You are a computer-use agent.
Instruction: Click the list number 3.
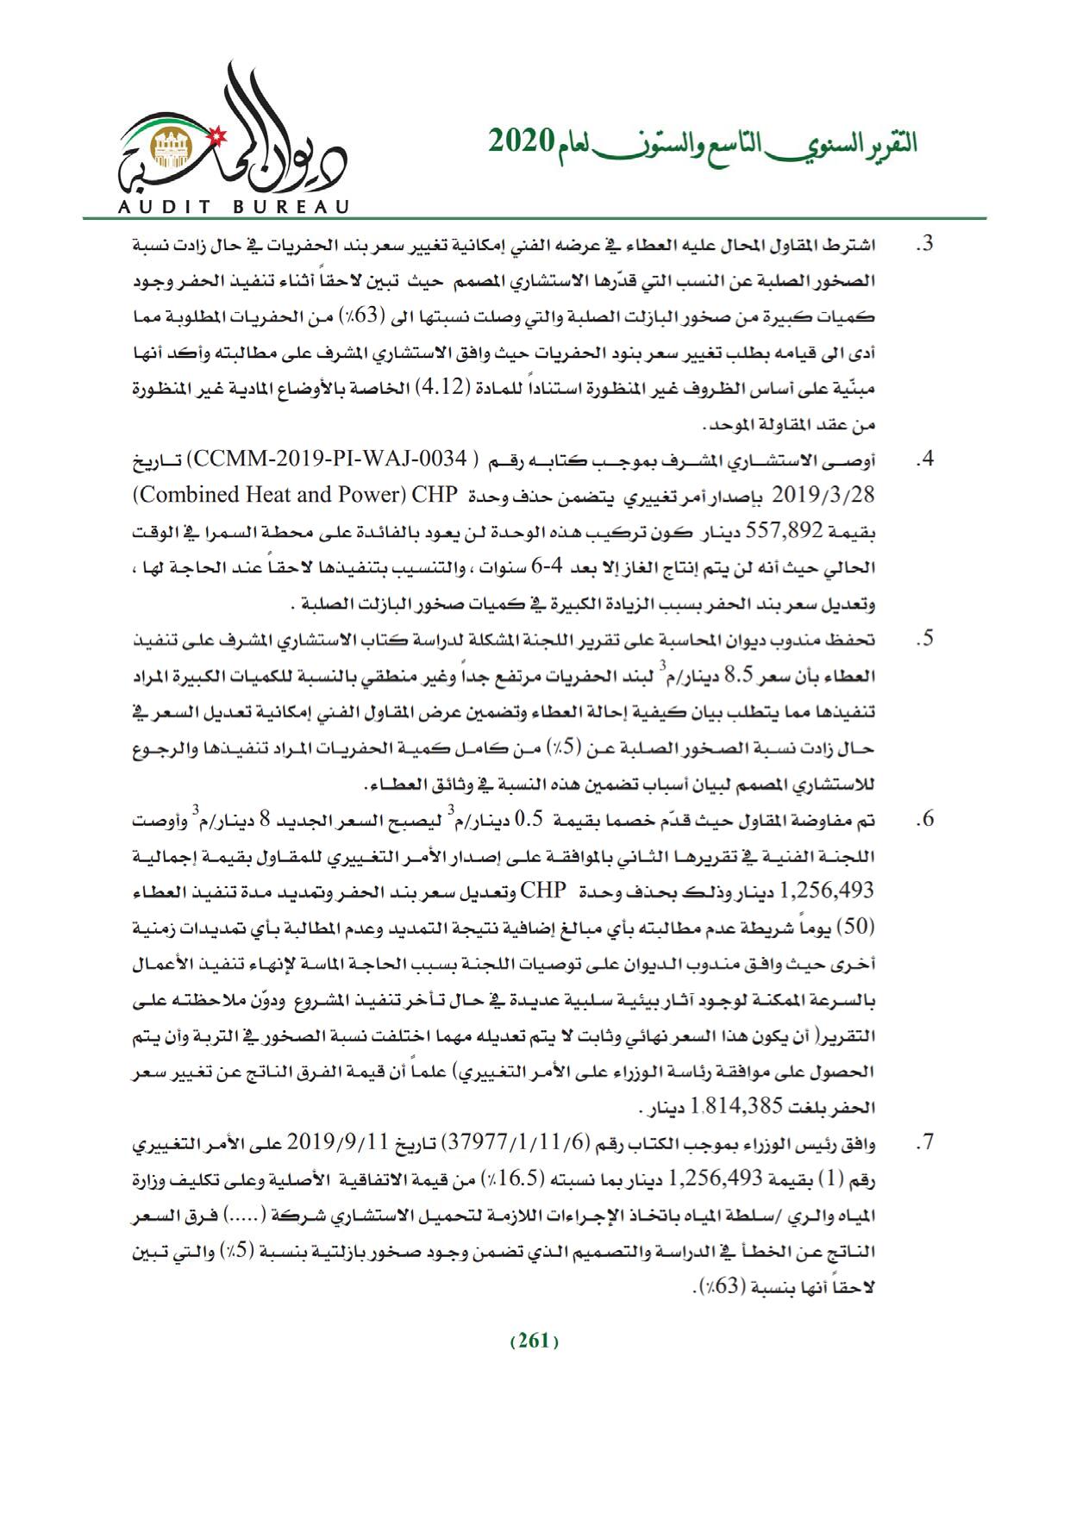pos(925,245)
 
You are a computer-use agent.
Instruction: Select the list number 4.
pos(925,460)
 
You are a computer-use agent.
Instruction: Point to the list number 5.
pos(925,641)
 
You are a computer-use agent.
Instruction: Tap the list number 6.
pos(925,821)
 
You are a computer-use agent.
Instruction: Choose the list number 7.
pos(925,1146)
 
